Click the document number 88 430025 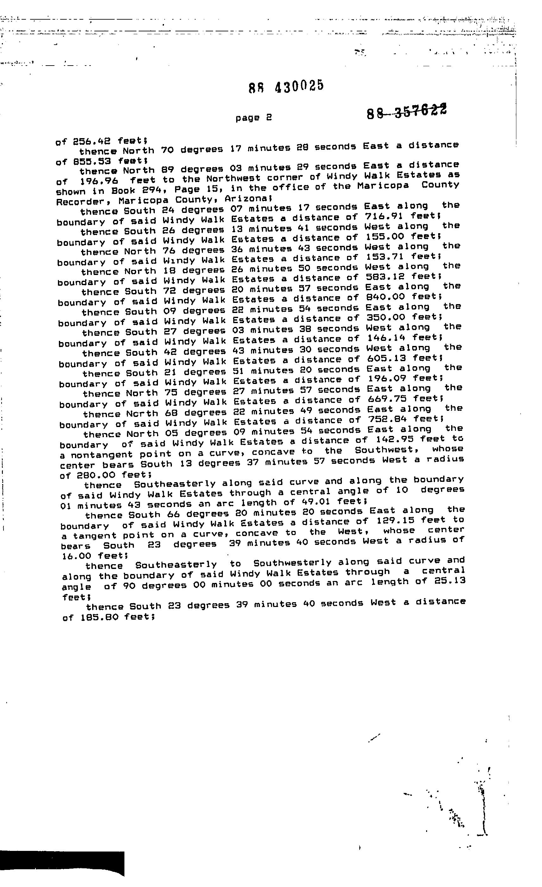click(x=286, y=86)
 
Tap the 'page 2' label click(x=254, y=118)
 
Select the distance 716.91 click(x=384, y=216)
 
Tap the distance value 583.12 click(x=385, y=277)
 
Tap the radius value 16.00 click(x=77, y=556)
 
